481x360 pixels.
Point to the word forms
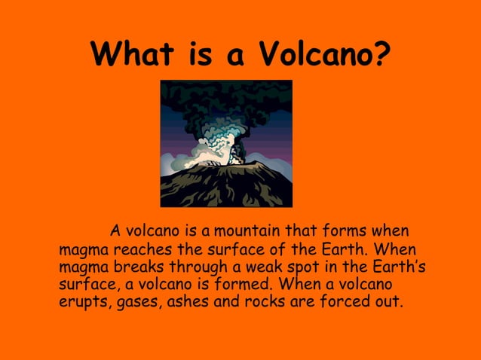(342, 230)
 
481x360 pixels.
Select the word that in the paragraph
(303, 230)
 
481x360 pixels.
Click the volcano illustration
(226, 143)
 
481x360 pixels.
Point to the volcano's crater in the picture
(227, 165)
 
